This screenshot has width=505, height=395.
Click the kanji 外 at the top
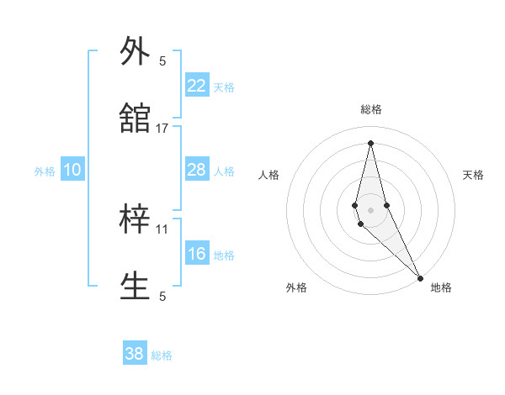(136, 51)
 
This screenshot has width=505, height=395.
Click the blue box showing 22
(197, 86)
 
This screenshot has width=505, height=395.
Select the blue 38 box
(135, 354)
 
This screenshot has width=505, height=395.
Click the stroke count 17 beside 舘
(162, 129)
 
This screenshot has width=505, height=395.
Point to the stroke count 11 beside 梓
(162, 229)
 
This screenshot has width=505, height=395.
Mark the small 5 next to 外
(162, 61)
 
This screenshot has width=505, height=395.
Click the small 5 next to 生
(162, 296)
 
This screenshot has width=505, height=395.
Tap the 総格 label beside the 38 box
(162, 355)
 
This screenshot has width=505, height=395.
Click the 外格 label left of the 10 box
(45, 171)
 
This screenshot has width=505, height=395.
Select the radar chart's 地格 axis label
(441, 287)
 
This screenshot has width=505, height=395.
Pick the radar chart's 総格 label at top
(370, 109)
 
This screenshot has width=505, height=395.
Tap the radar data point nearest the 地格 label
(420, 276)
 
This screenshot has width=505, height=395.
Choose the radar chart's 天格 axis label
(473, 175)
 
